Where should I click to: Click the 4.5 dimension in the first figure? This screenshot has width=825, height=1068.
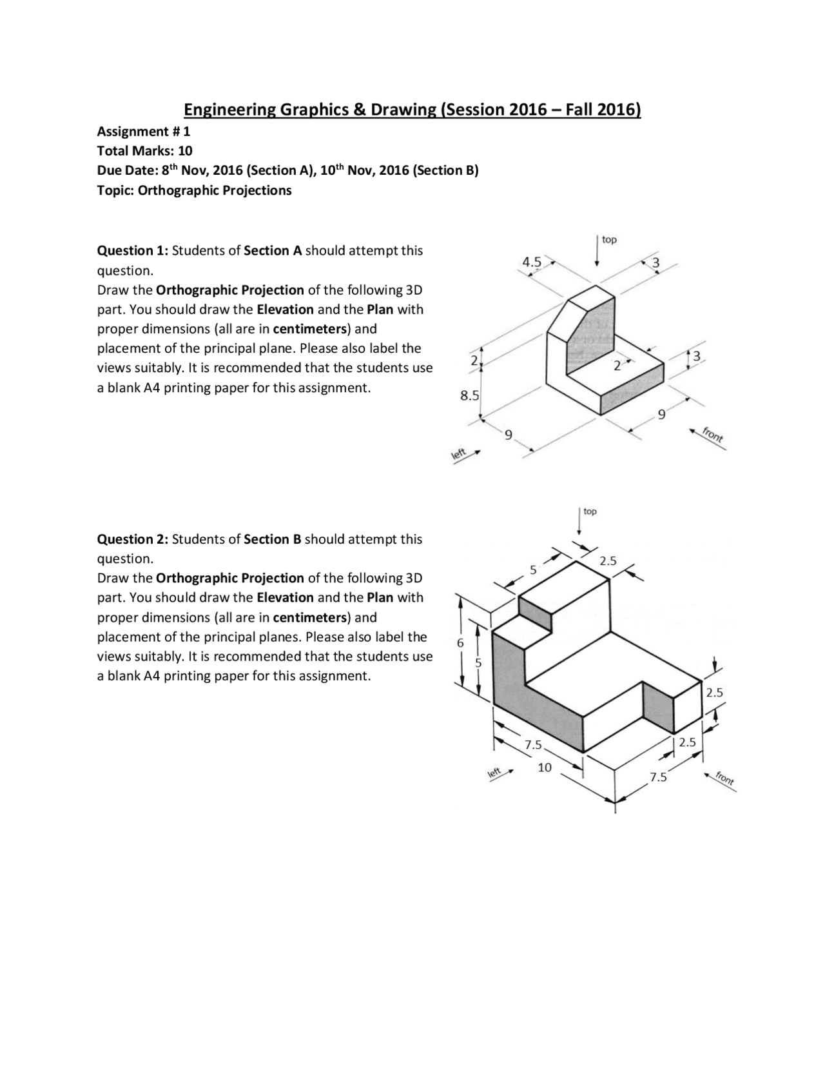[532, 262]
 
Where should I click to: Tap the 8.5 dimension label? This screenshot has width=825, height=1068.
[469, 395]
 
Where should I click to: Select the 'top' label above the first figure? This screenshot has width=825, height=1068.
[609, 240]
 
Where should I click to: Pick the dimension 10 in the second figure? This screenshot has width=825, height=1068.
[545, 767]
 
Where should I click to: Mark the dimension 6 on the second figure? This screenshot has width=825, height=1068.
[460, 643]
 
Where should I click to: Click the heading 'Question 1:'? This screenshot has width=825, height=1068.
[133, 250]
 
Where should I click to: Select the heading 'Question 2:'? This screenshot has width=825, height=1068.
[133, 539]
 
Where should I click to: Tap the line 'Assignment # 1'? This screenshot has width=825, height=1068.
[143, 132]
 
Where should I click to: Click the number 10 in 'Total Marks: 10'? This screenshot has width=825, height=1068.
[185, 151]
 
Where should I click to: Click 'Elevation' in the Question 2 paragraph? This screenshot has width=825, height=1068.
[285, 597]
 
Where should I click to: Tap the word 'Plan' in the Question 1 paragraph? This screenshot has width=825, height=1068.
[380, 309]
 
